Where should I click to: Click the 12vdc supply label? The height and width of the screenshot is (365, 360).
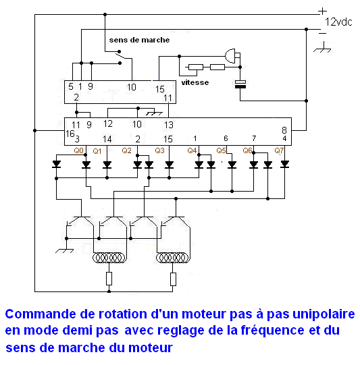coord(338,22)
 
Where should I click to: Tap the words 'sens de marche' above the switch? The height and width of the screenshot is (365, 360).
coord(139,40)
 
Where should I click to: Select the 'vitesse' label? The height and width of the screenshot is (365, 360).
coord(195,82)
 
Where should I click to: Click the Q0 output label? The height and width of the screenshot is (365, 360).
coord(78,150)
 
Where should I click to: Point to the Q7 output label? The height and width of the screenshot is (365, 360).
coord(279,150)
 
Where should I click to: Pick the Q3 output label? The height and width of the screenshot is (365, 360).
coord(159,150)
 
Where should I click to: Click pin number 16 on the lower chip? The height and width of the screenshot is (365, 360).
coord(70,134)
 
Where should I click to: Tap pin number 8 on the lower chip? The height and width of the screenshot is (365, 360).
coord(284,130)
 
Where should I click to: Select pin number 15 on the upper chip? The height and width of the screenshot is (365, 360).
coord(160,89)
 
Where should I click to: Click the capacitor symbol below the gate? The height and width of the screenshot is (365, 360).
coord(240,84)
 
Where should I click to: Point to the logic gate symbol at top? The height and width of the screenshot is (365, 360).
coord(232,56)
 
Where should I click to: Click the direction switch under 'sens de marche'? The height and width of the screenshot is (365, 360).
coord(120,57)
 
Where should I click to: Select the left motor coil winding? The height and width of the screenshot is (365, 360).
coord(109,258)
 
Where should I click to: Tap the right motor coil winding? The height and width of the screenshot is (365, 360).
coord(173,258)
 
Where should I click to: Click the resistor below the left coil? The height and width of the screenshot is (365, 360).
coord(109,279)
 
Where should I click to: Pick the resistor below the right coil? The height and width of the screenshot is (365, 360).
coord(173,279)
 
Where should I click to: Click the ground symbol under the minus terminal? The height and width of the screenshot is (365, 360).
coord(322,48)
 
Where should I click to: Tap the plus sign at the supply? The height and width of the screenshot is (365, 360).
coord(322,11)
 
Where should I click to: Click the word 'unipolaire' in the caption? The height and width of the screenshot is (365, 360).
coord(324,314)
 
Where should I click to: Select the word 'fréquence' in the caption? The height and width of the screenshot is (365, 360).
coord(272,331)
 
